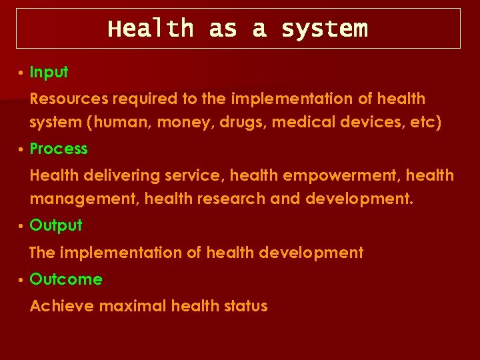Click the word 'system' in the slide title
click(x=324, y=29)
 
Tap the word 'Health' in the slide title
click(x=151, y=29)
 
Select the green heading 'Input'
click(x=49, y=72)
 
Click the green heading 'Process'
click(x=59, y=149)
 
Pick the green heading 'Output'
click(x=56, y=225)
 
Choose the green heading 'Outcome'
click(x=66, y=279)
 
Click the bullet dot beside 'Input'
click(x=22, y=73)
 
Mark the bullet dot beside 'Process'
click(x=22, y=149)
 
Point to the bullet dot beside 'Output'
click(x=22, y=226)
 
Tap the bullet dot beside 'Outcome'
click(x=22, y=280)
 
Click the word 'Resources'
click(x=69, y=99)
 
